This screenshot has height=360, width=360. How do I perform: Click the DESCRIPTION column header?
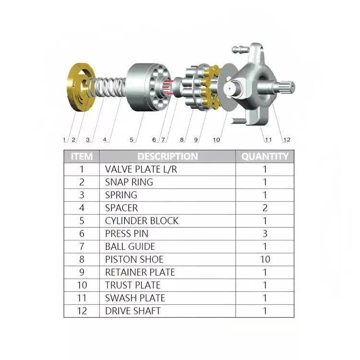[x=168, y=156]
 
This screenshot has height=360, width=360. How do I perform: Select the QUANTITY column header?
[x=264, y=156]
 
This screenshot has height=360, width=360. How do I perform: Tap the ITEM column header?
[x=82, y=156]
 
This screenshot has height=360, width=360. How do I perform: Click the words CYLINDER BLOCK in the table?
[x=142, y=221]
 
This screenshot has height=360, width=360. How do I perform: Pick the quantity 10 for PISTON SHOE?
[x=264, y=259]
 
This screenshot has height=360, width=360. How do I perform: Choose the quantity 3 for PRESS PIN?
[x=264, y=234]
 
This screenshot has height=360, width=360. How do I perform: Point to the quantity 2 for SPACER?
[x=264, y=208]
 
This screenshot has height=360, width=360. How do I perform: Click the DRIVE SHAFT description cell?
[x=133, y=311]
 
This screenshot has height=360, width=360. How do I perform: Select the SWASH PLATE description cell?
[x=135, y=298]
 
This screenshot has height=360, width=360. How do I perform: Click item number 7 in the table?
[x=82, y=247]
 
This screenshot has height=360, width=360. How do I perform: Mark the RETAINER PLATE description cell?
[x=140, y=272]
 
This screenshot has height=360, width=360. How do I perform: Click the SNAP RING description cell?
[x=129, y=182]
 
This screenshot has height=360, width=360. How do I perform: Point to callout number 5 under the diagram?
[x=132, y=140]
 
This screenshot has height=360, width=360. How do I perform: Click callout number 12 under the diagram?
[x=287, y=140]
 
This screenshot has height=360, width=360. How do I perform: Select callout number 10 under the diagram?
[x=216, y=140]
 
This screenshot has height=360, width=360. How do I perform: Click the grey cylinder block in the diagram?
[x=146, y=88]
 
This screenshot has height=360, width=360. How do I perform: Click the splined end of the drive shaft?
[x=288, y=87]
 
